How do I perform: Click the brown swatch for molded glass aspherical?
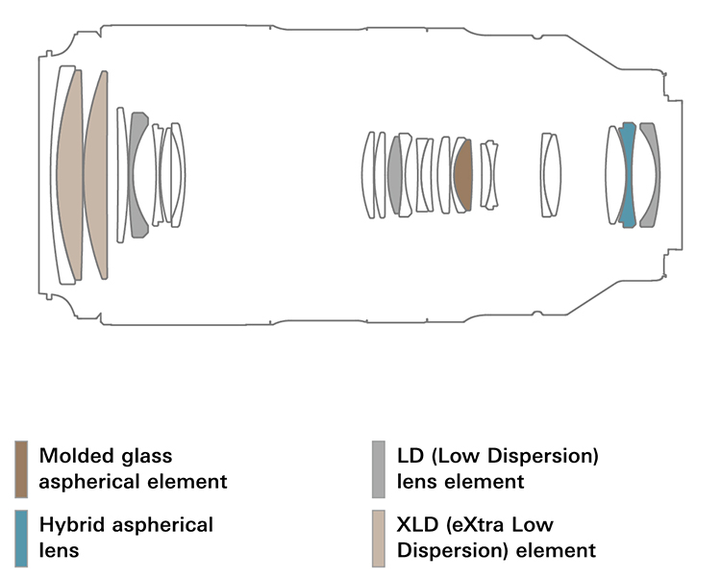pos(21,468)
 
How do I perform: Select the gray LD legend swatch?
pos(379,468)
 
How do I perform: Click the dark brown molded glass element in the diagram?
pos(463,175)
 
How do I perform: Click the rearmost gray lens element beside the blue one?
pos(651,175)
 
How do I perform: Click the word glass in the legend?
pos(153,455)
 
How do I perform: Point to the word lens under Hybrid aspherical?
pos(58,551)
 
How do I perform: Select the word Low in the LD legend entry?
pos(456,455)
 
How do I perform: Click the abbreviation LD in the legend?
pos(408,455)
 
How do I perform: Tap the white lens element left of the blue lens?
pos(614,175)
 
